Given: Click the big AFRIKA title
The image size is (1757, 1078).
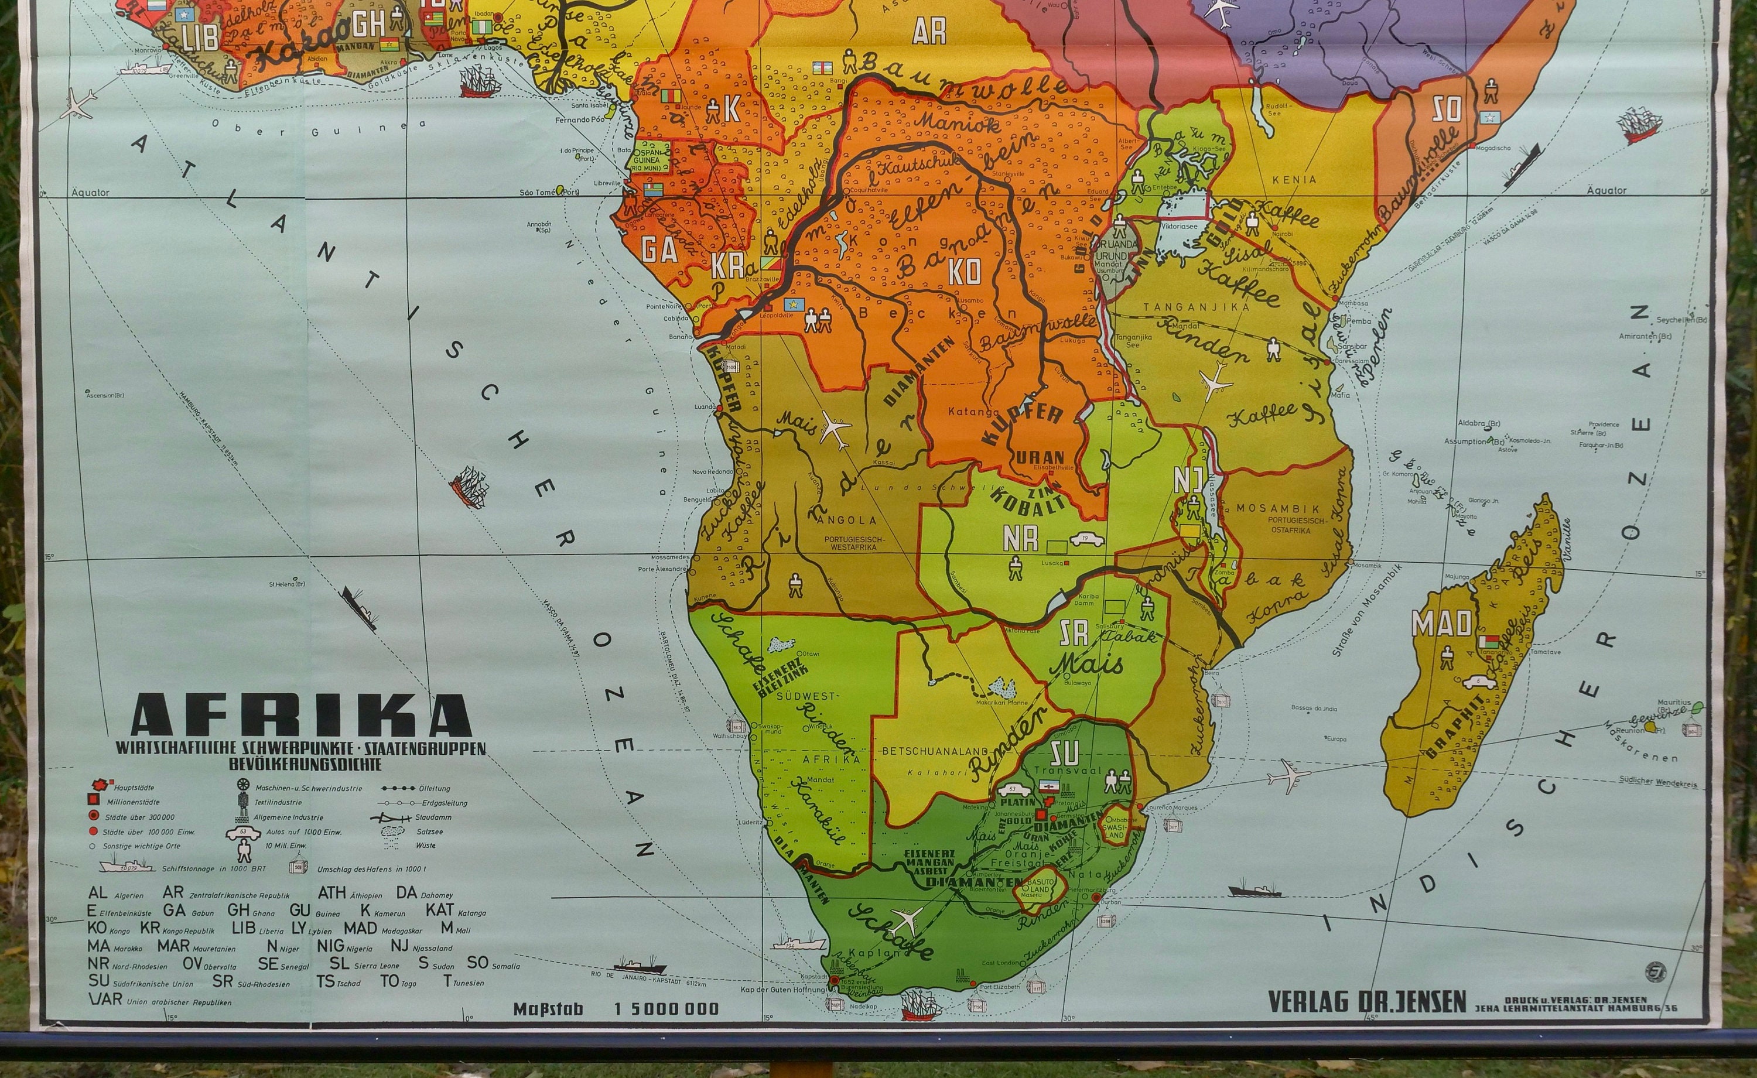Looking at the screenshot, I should (x=301, y=714).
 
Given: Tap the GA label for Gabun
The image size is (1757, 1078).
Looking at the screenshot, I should (x=659, y=249).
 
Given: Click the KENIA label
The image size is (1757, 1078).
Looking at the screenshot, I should (x=1294, y=180).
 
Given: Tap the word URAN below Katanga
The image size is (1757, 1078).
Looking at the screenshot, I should (x=1040, y=457).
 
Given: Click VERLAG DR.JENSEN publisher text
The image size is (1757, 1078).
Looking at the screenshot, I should (x=1367, y=1002).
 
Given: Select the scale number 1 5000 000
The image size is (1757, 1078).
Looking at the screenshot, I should (x=666, y=1009).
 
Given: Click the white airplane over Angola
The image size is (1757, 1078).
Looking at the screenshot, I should (x=836, y=430).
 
